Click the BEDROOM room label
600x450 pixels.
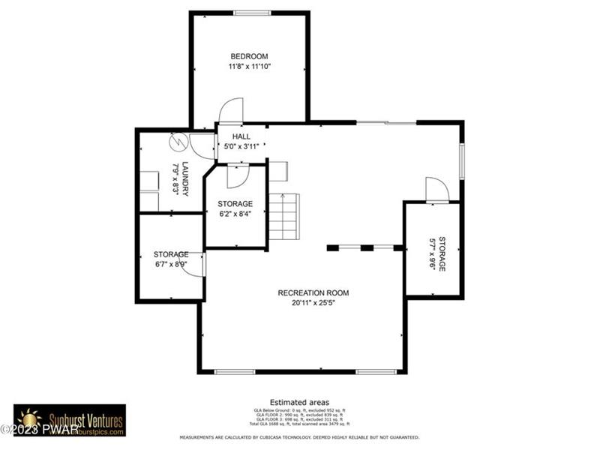pos(249,56)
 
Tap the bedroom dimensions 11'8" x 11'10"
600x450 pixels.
pos(249,67)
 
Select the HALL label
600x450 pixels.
pos(241,136)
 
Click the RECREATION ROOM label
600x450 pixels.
pos(313,292)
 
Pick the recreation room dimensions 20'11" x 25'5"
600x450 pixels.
pos(313,304)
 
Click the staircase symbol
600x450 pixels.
pos(284,216)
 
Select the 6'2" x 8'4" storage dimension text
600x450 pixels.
pos(235,214)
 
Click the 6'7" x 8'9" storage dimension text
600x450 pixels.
pos(170,264)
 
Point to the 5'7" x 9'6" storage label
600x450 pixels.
pos(433,253)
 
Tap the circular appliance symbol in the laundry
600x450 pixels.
pos(178,141)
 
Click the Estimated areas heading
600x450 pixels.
pos(299,403)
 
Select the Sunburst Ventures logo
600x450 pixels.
pos(70,419)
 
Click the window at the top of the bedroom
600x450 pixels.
pos(252,13)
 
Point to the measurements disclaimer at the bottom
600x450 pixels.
pos(299,437)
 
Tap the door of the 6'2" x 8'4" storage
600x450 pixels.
pos(236,175)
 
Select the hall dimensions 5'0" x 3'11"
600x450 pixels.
pos(241,146)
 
